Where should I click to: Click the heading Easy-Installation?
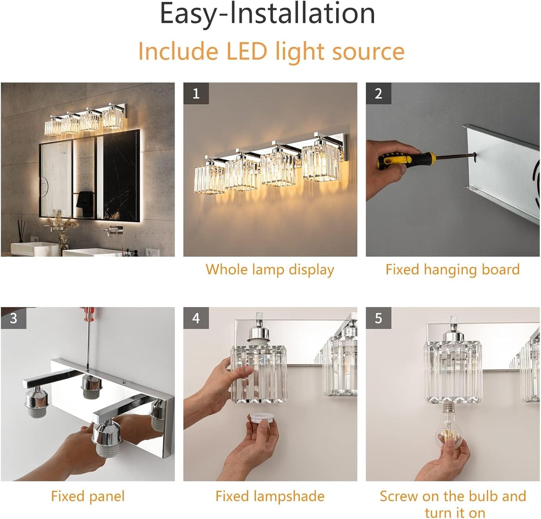[267, 14]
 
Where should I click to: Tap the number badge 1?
[196, 94]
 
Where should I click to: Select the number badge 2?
[379, 94]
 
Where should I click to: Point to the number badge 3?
[13, 318]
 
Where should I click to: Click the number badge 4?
[196, 318]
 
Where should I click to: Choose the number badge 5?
[379, 318]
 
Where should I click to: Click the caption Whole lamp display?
[270, 269]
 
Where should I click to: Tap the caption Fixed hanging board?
[452, 269]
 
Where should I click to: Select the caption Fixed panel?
[87, 496]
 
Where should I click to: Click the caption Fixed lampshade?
[270, 496]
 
